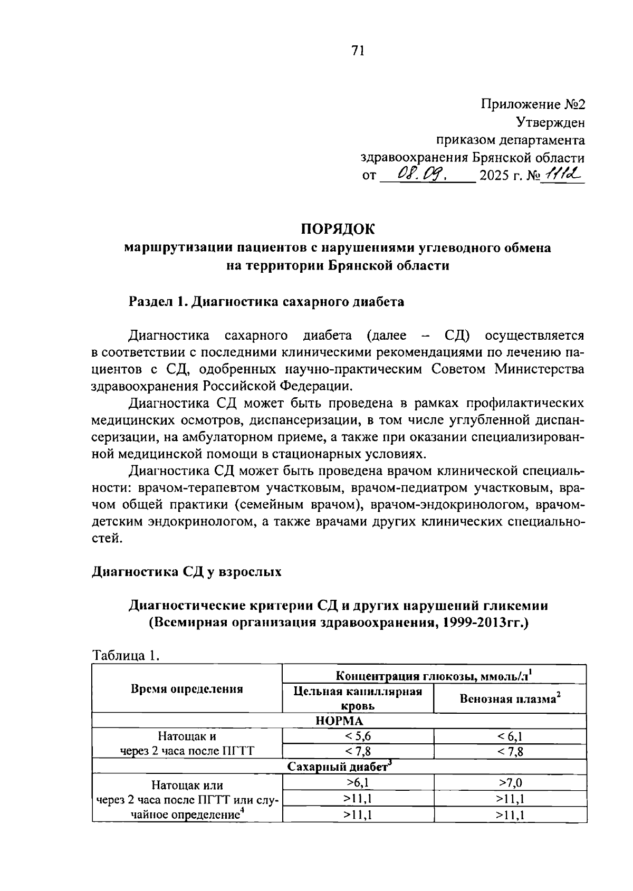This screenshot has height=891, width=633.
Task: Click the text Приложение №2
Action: (533, 104)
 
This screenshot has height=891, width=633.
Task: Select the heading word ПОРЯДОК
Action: (338, 229)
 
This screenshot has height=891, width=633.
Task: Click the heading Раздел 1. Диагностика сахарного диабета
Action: (267, 302)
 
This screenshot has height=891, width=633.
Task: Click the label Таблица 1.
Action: (126, 656)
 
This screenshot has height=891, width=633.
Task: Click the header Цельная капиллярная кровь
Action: (358, 698)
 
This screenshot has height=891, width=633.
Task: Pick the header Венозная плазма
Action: (510, 698)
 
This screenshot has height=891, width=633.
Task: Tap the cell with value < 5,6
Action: (358, 736)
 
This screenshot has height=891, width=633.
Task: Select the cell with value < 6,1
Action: (510, 736)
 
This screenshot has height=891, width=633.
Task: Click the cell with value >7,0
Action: (510, 782)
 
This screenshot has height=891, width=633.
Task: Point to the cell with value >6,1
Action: (358, 782)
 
